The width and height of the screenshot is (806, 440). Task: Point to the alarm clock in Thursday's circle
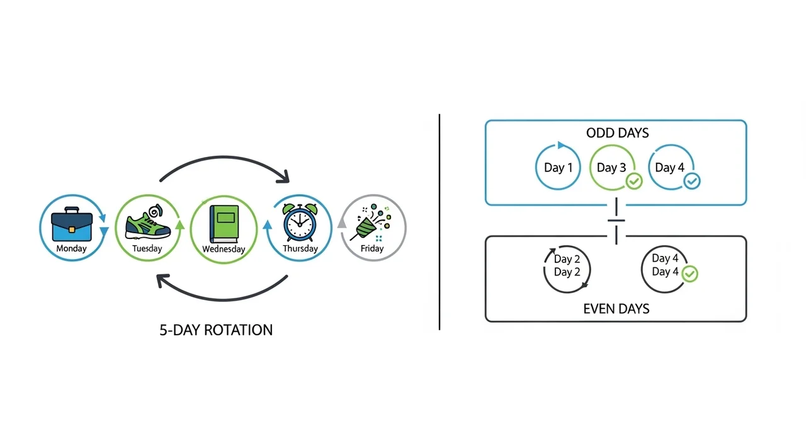[299, 223]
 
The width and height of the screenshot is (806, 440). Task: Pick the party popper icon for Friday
[371, 223]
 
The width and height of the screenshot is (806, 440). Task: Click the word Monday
[72, 248]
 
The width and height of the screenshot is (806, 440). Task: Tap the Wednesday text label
[224, 249]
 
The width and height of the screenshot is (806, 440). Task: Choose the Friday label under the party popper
[372, 248]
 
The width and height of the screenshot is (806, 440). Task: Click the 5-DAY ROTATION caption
[216, 330]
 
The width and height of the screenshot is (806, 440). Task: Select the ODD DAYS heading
[617, 133]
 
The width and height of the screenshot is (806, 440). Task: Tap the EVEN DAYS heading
[616, 309]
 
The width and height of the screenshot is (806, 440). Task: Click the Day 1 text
[559, 168]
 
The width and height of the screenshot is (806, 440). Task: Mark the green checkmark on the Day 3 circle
[633, 182]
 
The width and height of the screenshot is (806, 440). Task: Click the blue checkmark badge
[691, 182]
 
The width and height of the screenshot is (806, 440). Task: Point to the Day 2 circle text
[567, 266]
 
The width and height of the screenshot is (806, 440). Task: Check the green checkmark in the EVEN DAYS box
[690, 274]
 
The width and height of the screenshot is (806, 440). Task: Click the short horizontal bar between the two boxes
[616, 221]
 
